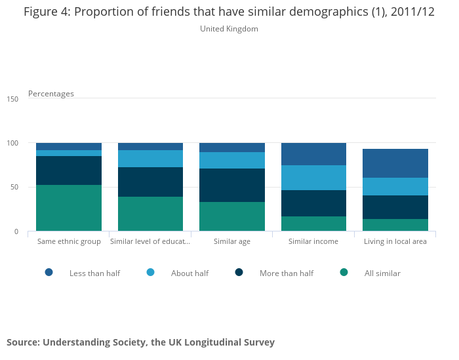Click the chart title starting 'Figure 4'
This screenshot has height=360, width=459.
point(229,12)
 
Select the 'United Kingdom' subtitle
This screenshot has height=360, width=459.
point(229,29)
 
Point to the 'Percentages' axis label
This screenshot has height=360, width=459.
point(51,94)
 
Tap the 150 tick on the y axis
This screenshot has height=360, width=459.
point(12,98)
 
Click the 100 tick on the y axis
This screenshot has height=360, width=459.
point(12,143)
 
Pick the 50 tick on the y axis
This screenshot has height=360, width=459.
point(14,187)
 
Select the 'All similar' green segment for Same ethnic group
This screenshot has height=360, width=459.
point(69,208)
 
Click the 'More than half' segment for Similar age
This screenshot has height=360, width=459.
point(232,185)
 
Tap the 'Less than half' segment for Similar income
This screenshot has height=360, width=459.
point(313,154)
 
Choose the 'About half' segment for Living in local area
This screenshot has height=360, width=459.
point(395,186)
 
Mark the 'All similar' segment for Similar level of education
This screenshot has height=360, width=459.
point(150,214)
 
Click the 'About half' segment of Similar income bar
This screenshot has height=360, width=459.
point(313,178)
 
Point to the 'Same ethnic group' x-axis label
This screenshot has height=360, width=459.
point(69,241)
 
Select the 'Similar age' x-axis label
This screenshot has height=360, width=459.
point(232,241)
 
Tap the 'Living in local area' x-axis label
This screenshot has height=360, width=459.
point(395,241)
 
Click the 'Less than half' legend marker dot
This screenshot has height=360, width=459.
point(49,272)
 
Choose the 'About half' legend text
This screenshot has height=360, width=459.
point(190,273)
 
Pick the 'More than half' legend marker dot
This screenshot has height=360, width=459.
point(239,272)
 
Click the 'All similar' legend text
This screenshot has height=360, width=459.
point(382,273)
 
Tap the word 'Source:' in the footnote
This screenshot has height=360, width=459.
point(24,342)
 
